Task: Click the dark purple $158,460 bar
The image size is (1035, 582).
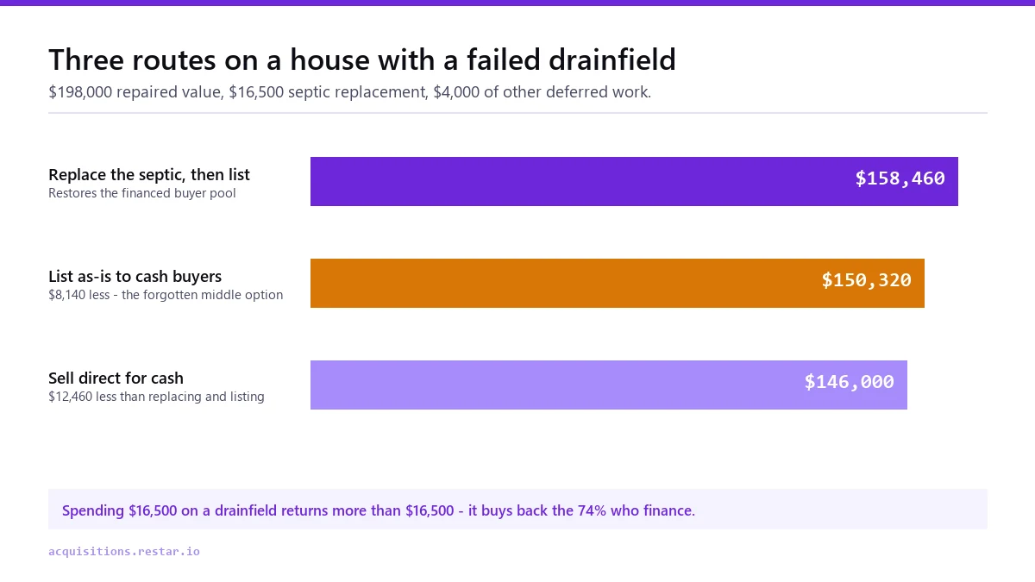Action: click(x=634, y=182)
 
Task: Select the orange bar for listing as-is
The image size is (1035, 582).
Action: click(x=618, y=283)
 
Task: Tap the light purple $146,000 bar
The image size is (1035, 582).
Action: click(x=609, y=385)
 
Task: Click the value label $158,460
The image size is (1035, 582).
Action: click(x=900, y=178)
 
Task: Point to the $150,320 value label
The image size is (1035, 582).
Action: click(x=866, y=280)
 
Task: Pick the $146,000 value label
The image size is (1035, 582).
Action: click(x=850, y=381)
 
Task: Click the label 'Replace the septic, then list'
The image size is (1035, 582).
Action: click(x=149, y=174)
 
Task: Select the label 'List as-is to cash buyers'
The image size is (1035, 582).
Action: click(x=135, y=276)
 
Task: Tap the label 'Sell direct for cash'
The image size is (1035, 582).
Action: click(x=116, y=378)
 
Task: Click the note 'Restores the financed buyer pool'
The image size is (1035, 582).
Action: click(x=141, y=193)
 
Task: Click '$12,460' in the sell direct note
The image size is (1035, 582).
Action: click(x=70, y=397)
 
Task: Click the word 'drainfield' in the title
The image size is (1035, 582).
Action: click(x=612, y=59)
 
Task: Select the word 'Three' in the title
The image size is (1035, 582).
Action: click(x=86, y=59)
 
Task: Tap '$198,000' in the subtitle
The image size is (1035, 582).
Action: click(x=80, y=92)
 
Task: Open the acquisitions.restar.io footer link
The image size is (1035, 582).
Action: click(x=124, y=552)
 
